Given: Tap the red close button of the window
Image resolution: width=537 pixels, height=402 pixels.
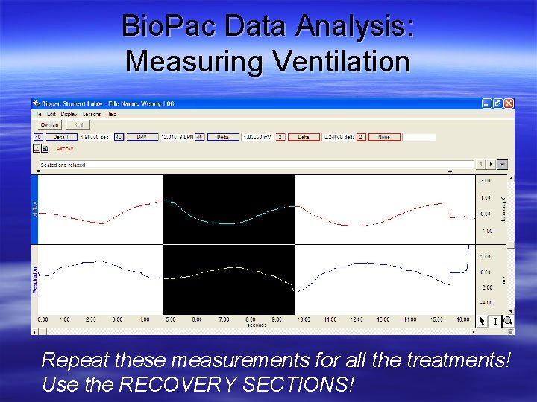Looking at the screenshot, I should pyautogui.click(x=508, y=103).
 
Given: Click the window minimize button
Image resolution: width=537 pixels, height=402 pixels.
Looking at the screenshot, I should pyautogui.click(x=486, y=103).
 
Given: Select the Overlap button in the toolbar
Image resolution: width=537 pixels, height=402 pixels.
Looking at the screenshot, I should pyautogui.click(x=49, y=125).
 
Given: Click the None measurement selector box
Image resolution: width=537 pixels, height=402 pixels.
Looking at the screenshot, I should pyautogui.click(x=384, y=137).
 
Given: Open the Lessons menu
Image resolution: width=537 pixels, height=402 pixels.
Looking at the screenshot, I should pyautogui.click(x=92, y=115).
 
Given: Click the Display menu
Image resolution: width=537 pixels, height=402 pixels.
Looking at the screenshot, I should pyautogui.click(x=69, y=115).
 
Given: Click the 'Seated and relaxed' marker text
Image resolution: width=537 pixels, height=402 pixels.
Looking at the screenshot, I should pyautogui.click(x=63, y=165).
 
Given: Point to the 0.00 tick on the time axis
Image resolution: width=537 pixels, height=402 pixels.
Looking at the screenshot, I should pyautogui.click(x=43, y=319).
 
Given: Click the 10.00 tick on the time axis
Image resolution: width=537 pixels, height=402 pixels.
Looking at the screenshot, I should pyautogui.click(x=304, y=319).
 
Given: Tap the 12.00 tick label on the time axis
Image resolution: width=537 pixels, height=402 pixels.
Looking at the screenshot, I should pyautogui.click(x=357, y=319).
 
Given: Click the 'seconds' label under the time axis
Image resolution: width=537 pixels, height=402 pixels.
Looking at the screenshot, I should pyautogui.click(x=257, y=325).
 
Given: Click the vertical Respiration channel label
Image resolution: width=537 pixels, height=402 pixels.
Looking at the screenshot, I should pyautogui.click(x=34, y=280).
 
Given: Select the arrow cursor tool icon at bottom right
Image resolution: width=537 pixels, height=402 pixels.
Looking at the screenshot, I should pyautogui.click(x=483, y=321).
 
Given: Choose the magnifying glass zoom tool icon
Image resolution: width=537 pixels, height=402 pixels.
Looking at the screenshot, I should pyautogui.click(x=508, y=321).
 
